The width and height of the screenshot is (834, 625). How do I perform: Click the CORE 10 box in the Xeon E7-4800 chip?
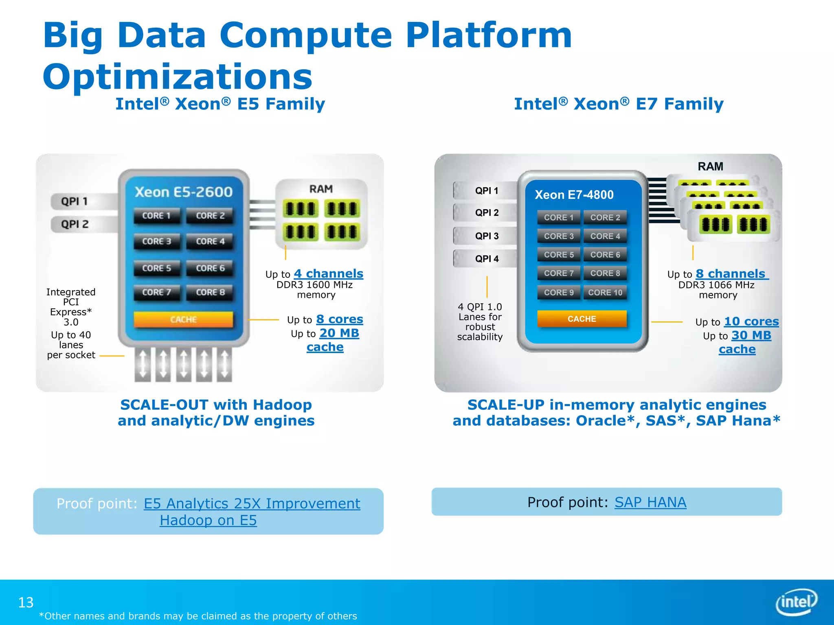[x=605, y=292]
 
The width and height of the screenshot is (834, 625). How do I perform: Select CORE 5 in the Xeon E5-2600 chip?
[x=156, y=268]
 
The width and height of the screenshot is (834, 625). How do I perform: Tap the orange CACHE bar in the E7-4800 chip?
[x=582, y=319]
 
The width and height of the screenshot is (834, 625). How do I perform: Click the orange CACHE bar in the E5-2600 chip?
[x=183, y=319]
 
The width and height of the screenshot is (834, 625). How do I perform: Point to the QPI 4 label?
[x=487, y=259]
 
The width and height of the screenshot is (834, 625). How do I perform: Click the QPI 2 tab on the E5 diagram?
[x=75, y=224]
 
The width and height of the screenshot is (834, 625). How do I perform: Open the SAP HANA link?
[x=650, y=502]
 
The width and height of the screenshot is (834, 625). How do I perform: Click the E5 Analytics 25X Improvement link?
[x=252, y=504]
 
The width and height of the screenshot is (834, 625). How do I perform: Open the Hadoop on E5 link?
[x=208, y=520]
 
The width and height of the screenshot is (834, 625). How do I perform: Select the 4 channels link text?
[x=328, y=273]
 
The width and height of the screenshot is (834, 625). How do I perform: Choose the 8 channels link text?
[x=731, y=273]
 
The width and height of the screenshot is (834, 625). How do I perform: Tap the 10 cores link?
[x=751, y=321]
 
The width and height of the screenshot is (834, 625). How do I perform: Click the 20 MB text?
[x=339, y=333]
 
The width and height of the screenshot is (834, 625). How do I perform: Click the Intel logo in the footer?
[x=796, y=601]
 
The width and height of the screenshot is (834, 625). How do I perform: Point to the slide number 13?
[x=26, y=602]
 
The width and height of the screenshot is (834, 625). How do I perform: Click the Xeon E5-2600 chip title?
[x=183, y=192]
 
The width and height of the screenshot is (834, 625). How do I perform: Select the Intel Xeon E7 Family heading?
[x=619, y=104]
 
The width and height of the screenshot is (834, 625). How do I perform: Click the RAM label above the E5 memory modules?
[x=321, y=189]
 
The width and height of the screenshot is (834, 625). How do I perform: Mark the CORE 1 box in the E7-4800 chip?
[x=558, y=217]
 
